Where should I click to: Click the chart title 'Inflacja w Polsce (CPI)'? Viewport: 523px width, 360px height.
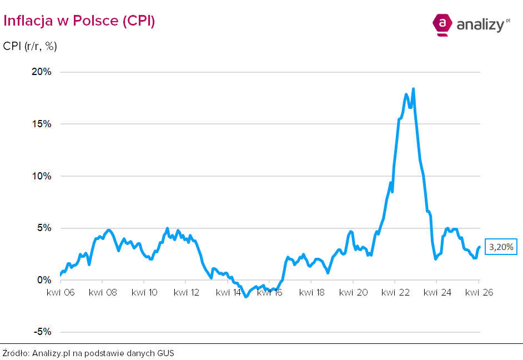click(79, 21)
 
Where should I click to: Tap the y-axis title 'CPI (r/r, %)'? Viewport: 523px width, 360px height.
click(30, 46)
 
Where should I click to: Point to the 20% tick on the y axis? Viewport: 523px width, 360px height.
click(41, 72)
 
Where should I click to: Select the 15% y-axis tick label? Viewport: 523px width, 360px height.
click(41, 124)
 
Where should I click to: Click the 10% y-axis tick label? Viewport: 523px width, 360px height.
click(41, 176)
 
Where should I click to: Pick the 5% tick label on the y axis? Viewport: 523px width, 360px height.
click(43, 228)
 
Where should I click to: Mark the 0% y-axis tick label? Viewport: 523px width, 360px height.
click(43, 280)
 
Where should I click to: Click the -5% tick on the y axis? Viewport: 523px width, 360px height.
click(42, 332)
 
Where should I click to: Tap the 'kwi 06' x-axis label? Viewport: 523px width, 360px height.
click(61, 292)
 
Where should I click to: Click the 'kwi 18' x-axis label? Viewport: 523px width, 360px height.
click(312, 292)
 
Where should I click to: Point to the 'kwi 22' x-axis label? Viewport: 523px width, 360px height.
click(395, 292)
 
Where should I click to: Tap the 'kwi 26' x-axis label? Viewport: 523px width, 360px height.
click(479, 292)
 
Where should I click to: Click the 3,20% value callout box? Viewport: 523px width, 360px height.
click(501, 247)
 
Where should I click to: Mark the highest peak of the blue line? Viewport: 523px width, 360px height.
click(413, 89)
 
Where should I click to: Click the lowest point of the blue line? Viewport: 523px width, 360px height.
click(246, 297)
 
